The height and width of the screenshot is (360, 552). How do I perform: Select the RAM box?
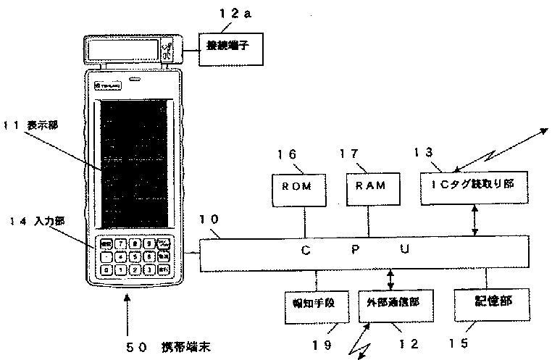(x=370, y=185)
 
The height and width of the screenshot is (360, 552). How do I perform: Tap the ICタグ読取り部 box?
(x=473, y=185)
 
